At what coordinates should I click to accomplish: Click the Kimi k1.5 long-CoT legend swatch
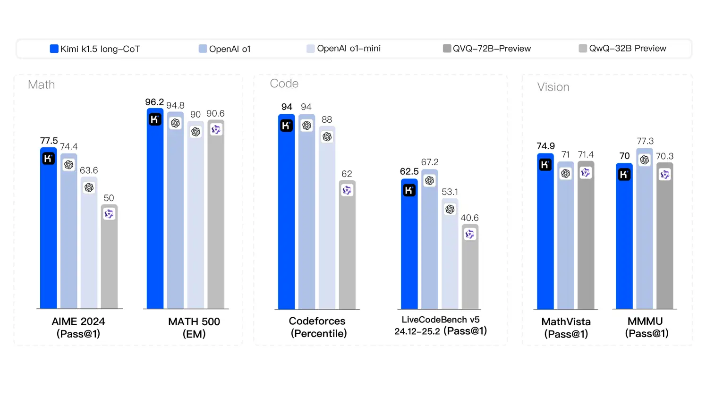coord(54,49)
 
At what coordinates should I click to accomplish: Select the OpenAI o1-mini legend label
coord(349,49)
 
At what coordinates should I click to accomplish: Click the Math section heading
coord(42,85)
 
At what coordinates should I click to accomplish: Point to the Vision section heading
coord(553,87)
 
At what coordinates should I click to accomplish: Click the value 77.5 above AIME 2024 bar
coord(49,141)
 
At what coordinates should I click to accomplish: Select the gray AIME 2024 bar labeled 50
coord(109,260)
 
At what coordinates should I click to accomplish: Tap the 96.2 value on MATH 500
coord(154,102)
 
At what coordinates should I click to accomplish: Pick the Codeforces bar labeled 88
coord(327,222)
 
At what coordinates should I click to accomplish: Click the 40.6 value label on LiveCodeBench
coord(469,218)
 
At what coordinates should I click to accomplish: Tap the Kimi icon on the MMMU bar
coord(624,175)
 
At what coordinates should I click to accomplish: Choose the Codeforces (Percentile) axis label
coord(318,327)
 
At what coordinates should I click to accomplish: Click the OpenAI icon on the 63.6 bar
coord(89,187)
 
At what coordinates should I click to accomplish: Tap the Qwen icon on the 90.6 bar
coord(216,129)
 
